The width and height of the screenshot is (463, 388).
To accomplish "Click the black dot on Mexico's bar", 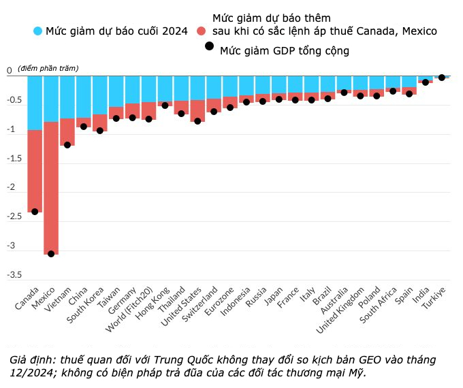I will click(x=51, y=254).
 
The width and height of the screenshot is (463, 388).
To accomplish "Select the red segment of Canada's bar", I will click(x=35, y=170).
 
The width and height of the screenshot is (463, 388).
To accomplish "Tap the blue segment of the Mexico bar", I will click(x=51, y=99).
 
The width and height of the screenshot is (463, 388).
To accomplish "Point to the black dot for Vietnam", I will click(x=67, y=145).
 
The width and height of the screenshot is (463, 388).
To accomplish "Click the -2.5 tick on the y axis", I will click(x=13, y=216).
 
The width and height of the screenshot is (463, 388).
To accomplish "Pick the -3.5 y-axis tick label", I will click(x=13, y=275).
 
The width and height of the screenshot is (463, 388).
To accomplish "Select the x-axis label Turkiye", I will click(x=433, y=300).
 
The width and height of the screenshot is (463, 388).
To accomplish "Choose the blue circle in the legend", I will click(x=37, y=31).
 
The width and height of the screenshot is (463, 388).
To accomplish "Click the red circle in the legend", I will click(x=201, y=31).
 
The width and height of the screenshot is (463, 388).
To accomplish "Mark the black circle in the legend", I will click(x=209, y=46).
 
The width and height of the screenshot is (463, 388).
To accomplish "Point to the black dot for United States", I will click(x=197, y=121).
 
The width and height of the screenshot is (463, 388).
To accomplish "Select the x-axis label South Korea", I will click(x=85, y=306).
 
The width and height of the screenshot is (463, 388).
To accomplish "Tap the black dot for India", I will click(x=425, y=82).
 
